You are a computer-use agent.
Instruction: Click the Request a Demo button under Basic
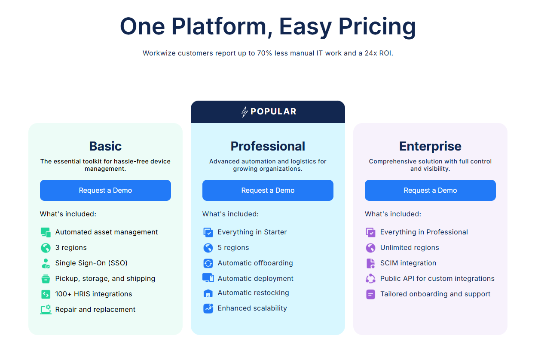(105, 190)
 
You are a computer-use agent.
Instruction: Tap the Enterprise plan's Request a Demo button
(430, 190)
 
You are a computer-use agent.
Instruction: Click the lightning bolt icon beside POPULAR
(245, 112)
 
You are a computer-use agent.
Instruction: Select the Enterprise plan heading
(430, 146)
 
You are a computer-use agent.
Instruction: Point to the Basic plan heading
(105, 146)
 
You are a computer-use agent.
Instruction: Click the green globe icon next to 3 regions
(46, 248)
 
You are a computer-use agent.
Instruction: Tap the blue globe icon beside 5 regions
(208, 248)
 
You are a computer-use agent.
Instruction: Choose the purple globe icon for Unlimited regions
(370, 248)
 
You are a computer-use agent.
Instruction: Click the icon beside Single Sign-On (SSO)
(46, 263)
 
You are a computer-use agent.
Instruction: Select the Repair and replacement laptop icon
(46, 309)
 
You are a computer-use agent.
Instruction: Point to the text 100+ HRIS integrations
(94, 294)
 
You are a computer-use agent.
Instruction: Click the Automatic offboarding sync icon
(208, 263)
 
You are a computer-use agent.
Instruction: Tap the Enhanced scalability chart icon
(208, 308)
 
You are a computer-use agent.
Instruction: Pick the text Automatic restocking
(253, 292)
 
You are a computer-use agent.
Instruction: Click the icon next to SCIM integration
(370, 263)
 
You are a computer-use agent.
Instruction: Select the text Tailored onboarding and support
(435, 294)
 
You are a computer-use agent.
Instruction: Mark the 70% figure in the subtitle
(265, 53)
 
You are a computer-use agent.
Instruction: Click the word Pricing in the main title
(377, 26)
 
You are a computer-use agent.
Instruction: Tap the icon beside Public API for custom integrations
(370, 278)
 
